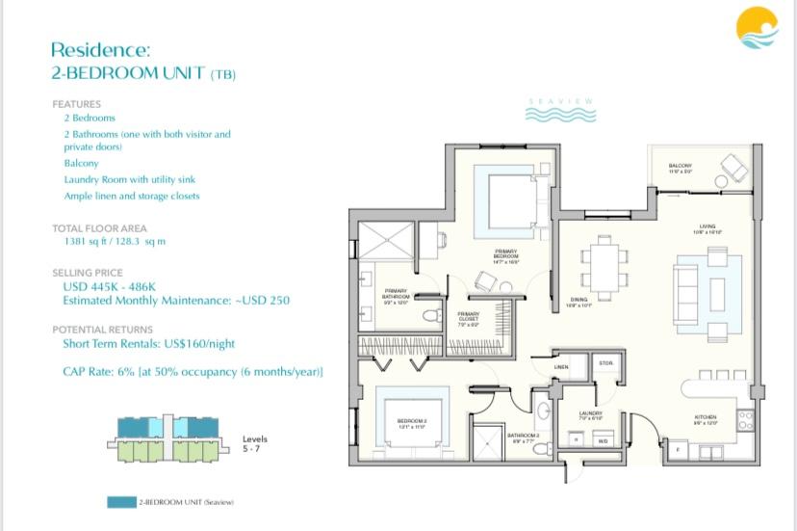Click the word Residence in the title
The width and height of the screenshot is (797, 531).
tap(101, 50)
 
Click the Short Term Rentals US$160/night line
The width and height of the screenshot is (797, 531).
tap(149, 343)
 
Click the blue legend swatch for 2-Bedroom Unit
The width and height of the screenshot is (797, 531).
tap(122, 502)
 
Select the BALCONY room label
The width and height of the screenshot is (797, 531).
tap(681, 166)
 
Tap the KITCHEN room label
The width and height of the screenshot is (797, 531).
tap(706, 416)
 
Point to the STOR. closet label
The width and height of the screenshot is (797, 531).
tap(605, 363)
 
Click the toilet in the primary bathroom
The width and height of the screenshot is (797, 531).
tap(432, 314)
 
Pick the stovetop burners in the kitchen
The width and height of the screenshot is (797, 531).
tap(743, 421)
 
